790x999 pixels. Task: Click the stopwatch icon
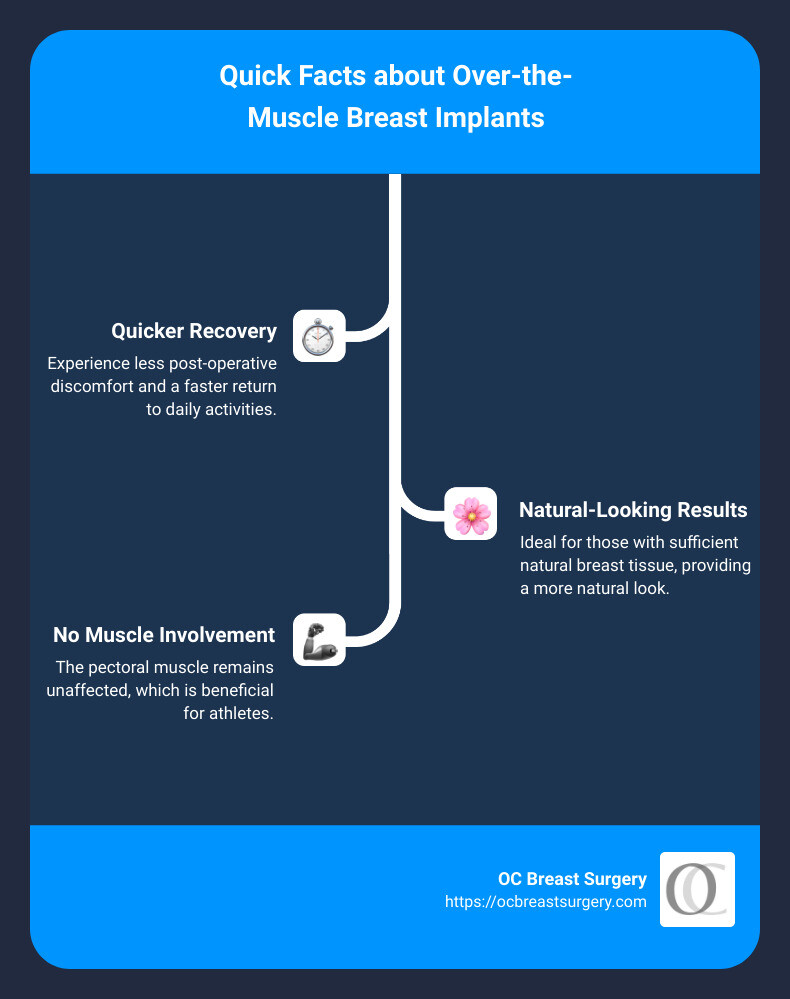(319, 335)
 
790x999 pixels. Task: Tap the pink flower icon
(471, 514)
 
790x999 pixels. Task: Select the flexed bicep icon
(319, 639)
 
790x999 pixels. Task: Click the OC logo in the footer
(697, 889)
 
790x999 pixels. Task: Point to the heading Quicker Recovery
(194, 331)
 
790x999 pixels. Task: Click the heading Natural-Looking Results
(633, 510)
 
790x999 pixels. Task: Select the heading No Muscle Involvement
(164, 635)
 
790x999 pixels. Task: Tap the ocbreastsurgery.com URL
(546, 901)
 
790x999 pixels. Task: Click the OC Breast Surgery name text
(572, 879)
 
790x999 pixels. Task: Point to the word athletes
(239, 714)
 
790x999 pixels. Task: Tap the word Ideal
(538, 542)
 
